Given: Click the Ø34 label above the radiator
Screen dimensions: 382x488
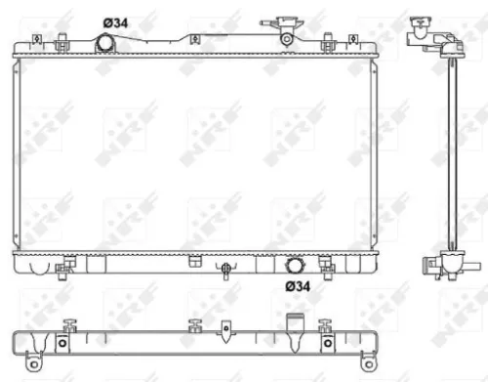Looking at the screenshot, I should [116, 21].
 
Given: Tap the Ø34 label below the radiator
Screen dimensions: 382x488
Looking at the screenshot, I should [298, 285].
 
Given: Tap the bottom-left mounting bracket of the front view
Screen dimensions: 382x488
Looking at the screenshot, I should [68, 263].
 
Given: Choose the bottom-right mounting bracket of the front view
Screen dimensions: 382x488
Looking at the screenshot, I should [326, 263].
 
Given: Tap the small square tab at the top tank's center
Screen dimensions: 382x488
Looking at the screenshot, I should [194, 40].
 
